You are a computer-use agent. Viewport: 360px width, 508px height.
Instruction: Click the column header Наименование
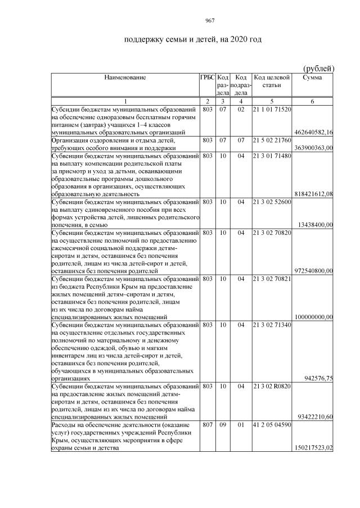pos(124,78)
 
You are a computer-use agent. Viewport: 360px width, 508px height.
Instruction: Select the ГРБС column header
pos(207,78)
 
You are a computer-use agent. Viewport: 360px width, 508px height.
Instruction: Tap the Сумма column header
pos(312,78)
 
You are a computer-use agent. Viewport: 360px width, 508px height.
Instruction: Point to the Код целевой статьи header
pos(272,81)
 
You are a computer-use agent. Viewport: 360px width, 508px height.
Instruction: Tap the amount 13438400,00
pos(316,225)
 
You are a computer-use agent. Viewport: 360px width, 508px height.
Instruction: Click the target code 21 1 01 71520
pos(272,109)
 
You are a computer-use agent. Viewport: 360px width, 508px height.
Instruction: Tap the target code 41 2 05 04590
pos(272,425)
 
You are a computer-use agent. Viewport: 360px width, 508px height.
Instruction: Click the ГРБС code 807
pos(207,425)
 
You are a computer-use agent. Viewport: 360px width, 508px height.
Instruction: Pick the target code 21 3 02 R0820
pos(272,387)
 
